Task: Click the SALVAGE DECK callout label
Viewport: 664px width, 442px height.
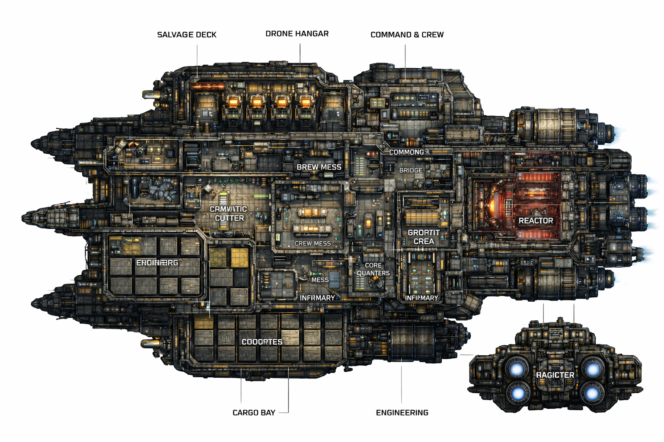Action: (x=187, y=35)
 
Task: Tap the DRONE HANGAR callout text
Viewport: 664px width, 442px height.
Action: (x=297, y=34)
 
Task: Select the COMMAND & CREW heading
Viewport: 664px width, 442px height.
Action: (x=407, y=35)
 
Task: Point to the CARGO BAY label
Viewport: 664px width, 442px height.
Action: (x=254, y=413)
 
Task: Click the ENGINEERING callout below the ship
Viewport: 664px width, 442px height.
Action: (x=402, y=413)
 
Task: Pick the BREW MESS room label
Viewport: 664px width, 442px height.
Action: (x=319, y=167)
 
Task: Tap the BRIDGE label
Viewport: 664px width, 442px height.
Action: (x=411, y=170)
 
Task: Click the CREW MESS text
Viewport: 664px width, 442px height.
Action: (x=312, y=243)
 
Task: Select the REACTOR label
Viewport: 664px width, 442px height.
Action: (x=536, y=221)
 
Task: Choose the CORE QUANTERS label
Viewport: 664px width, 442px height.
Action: (x=373, y=269)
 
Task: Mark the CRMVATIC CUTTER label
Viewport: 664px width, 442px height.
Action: (x=229, y=214)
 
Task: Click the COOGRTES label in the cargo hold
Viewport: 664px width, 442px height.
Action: (x=262, y=342)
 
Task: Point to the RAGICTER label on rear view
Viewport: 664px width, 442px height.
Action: (x=555, y=375)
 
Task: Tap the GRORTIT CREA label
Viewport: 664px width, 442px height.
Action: (x=424, y=237)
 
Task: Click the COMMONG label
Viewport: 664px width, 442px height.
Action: (x=406, y=152)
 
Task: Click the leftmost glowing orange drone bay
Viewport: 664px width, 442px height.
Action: (x=233, y=102)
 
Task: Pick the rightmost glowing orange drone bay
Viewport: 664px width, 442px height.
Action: (x=306, y=102)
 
